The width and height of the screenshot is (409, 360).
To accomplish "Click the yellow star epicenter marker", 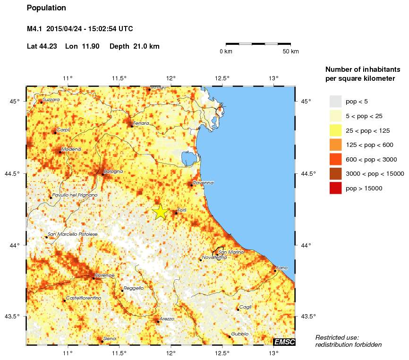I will (160, 212).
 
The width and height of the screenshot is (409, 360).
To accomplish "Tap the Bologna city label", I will (113, 171).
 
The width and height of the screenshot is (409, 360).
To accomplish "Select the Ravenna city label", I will (204, 182).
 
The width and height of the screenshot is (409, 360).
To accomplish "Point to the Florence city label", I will (105, 275).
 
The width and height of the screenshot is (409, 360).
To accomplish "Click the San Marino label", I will (231, 252).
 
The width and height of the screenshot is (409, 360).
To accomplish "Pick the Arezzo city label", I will (167, 319).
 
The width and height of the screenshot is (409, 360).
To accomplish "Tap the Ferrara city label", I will (141, 123).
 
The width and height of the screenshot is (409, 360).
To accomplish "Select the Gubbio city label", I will (240, 334).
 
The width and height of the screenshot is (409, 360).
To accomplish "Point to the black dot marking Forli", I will (176, 213).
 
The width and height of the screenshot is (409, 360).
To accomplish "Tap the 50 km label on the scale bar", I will (290, 51).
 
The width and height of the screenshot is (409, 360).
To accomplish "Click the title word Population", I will (46, 8).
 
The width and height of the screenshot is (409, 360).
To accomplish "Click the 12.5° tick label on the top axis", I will (222, 78).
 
